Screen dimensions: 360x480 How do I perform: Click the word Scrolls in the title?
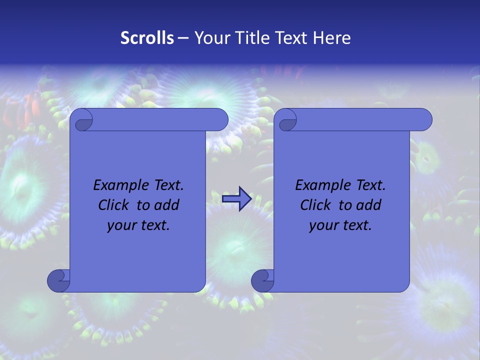pyautogui.click(x=147, y=38)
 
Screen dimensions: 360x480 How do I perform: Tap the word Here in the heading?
pyautogui.click(x=332, y=38)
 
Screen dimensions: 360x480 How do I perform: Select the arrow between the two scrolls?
pyautogui.click(x=236, y=199)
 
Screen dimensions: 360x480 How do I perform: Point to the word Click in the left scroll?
pyautogui.click(x=114, y=205)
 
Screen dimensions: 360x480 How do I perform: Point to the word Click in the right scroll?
pyautogui.click(x=316, y=205)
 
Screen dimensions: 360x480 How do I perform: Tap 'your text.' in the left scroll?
pyautogui.click(x=138, y=225)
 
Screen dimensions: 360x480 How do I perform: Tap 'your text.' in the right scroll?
pyautogui.click(x=340, y=225)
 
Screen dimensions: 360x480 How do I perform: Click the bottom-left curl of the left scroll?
pyautogui.click(x=58, y=280)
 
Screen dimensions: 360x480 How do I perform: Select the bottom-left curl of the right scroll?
pyautogui.click(x=262, y=280)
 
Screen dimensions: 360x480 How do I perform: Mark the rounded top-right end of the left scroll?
pyautogui.click(x=220, y=119)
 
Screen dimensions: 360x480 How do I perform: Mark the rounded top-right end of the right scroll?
pyautogui.click(x=424, y=119)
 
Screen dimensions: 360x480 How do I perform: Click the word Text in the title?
pyautogui.click(x=291, y=38)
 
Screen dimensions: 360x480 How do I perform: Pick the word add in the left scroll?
pyautogui.click(x=167, y=205)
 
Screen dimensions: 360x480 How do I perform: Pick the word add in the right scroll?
pyautogui.click(x=369, y=205)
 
